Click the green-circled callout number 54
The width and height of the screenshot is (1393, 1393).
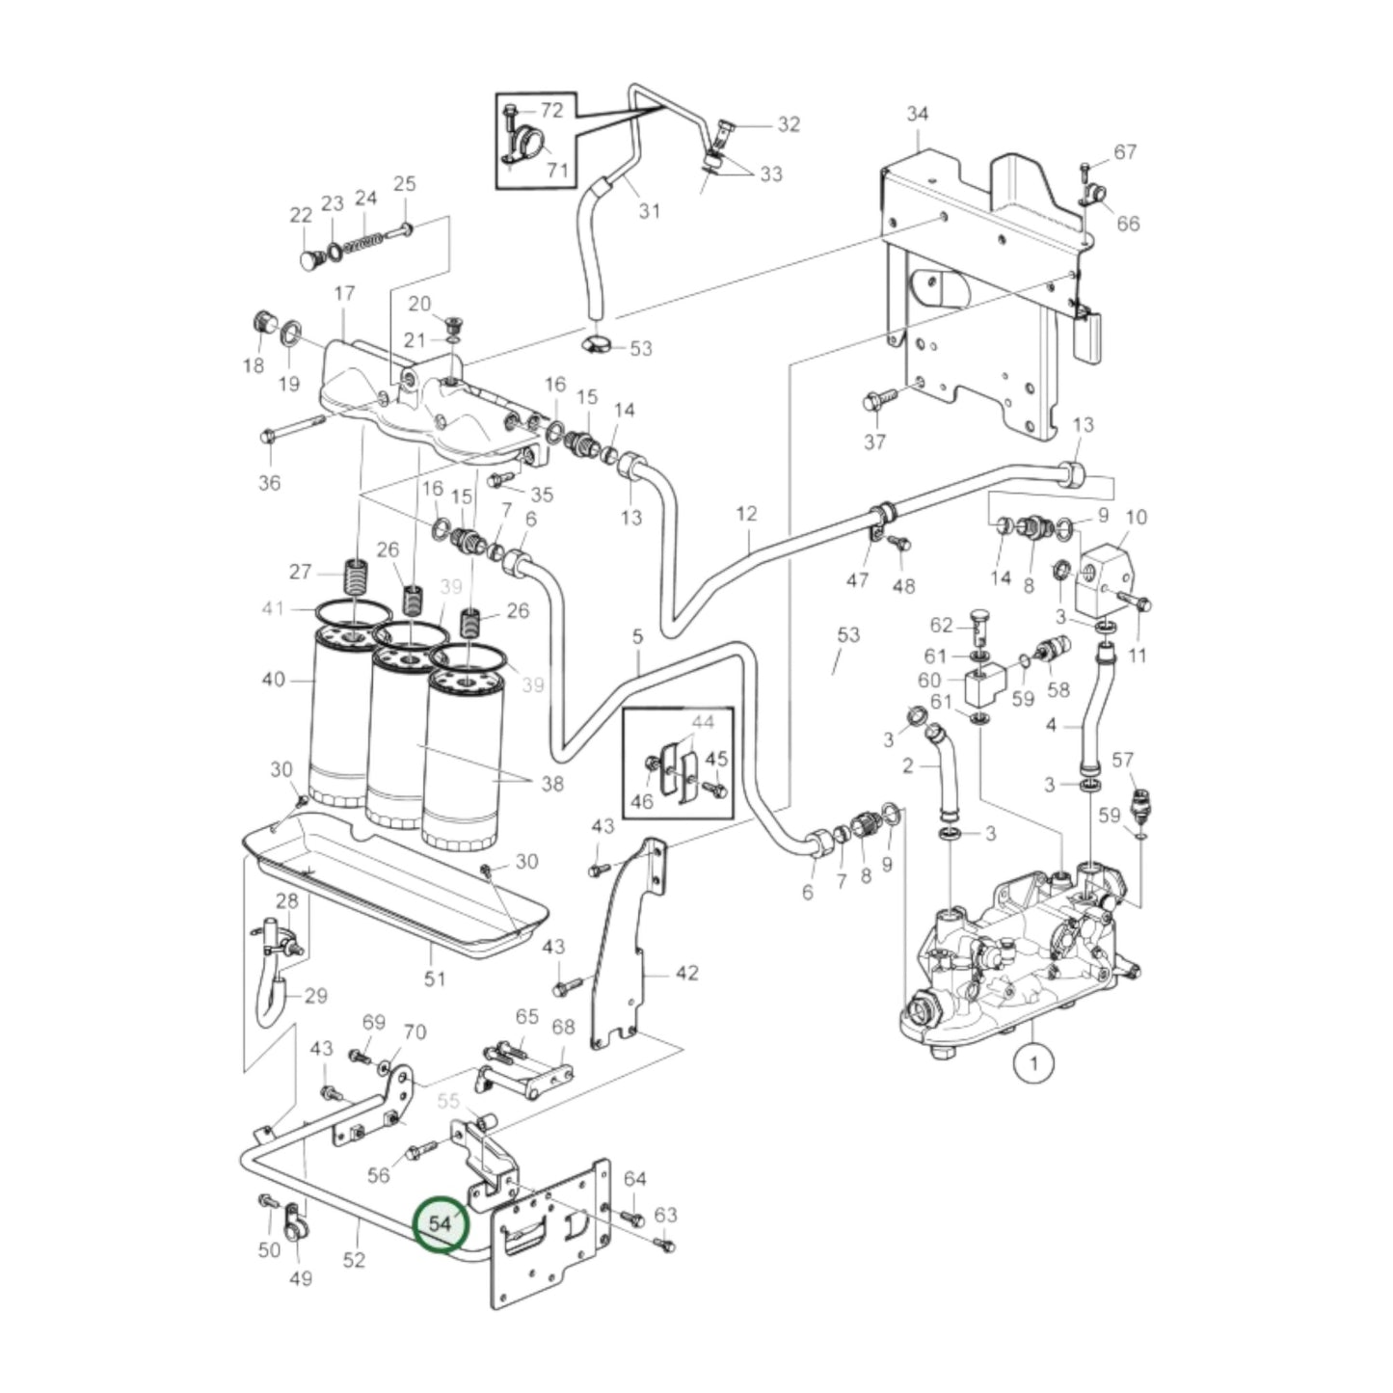(440, 1223)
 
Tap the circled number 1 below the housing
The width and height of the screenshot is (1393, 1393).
(1033, 1063)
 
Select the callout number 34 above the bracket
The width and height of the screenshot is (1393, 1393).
(917, 114)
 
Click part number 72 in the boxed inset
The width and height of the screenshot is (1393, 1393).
(550, 110)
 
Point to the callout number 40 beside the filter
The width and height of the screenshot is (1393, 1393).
(274, 680)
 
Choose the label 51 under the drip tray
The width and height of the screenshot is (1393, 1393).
(436, 978)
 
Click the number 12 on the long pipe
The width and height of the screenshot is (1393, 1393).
(747, 514)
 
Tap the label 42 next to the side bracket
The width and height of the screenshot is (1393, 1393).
(686, 973)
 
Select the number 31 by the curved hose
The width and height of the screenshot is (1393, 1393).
(650, 209)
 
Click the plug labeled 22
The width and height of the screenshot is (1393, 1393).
(308, 260)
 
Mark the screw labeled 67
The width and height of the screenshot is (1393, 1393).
(1085, 172)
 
